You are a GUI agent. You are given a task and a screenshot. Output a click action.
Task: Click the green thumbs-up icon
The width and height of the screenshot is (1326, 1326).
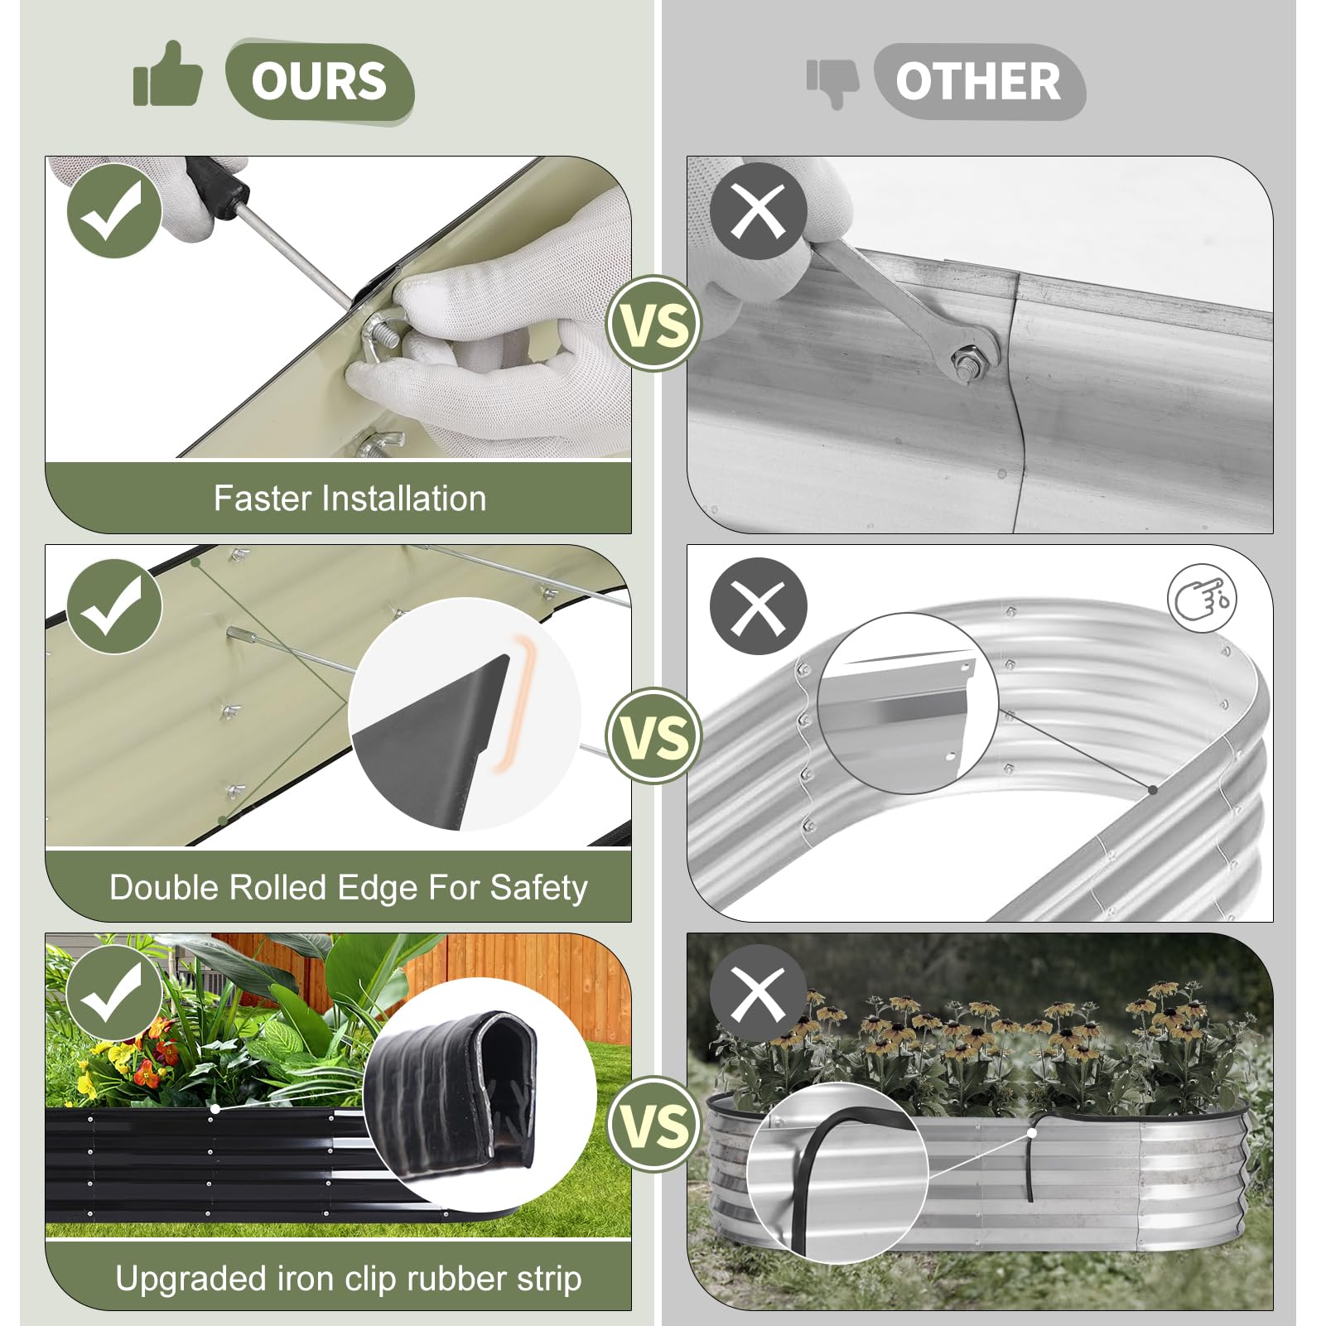point(167,75)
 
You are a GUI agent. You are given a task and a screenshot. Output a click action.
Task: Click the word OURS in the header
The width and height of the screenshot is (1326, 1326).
point(319,81)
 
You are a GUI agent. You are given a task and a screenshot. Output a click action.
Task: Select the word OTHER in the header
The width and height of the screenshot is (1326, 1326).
point(978,81)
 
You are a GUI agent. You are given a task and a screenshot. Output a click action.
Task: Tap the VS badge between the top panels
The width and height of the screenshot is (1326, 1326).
point(654,323)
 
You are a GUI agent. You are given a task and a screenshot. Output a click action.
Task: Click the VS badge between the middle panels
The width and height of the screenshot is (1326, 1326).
point(654,735)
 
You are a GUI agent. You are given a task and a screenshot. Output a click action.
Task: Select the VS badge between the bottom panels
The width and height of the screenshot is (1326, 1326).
point(654,1124)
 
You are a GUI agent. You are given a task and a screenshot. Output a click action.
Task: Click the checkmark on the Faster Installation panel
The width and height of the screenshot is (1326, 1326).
point(114,210)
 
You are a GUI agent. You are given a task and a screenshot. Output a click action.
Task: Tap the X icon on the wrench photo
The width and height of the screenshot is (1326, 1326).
point(758,210)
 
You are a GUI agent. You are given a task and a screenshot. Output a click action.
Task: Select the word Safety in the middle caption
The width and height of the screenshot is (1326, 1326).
point(539,888)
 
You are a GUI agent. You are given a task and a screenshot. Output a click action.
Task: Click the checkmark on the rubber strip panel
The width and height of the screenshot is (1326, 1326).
point(114,993)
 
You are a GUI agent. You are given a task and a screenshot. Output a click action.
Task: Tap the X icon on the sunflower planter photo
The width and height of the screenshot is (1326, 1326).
point(758,993)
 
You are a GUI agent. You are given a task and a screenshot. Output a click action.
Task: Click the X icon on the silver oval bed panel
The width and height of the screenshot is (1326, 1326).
point(758,605)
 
